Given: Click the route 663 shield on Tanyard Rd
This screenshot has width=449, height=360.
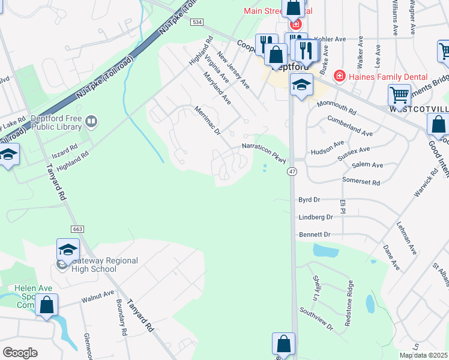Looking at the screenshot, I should coord(79,229).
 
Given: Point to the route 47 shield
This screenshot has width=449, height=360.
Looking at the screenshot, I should coord(291,172).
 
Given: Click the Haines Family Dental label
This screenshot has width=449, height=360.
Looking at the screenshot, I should coord(389,76).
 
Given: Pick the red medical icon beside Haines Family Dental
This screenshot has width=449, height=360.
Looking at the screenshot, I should coord(339,76).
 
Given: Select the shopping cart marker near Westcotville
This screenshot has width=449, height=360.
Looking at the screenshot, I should coord(399,95).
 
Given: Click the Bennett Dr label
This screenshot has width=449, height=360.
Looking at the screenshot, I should coord(315,234).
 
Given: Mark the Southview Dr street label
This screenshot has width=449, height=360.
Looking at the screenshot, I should coord(316,320).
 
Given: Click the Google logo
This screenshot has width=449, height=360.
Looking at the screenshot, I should coord(20,353).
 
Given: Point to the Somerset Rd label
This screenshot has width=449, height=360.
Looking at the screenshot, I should coord(361,181).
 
